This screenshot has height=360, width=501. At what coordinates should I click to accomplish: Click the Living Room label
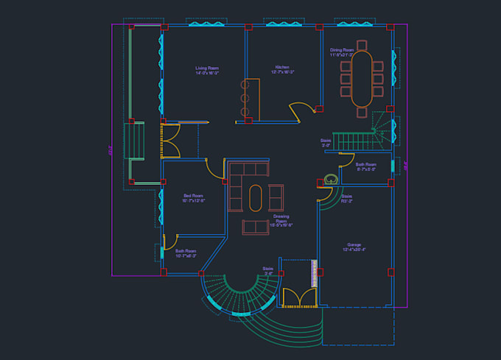[x=207, y=70]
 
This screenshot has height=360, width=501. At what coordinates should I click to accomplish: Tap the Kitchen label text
[x=282, y=69]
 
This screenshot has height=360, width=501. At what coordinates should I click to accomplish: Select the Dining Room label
[x=341, y=52]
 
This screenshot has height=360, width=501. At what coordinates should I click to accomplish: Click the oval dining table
[x=362, y=78]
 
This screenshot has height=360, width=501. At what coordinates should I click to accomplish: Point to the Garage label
[x=354, y=247]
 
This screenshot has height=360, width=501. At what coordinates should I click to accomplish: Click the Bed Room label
[x=193, y=197]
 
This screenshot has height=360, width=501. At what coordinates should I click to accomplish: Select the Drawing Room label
[x=281, y=221]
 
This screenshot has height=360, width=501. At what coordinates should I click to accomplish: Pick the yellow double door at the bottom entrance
[x=298, y=297]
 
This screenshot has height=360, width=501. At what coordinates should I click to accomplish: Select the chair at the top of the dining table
[x=362, y=44]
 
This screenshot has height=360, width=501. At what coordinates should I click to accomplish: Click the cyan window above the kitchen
[x=284, y=24]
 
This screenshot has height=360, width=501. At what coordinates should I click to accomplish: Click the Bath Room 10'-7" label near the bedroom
[x=186, y=253]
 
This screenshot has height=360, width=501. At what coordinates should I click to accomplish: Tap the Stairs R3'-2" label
[x=346, y=199]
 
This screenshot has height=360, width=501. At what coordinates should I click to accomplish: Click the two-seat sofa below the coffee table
[x=256, y=226]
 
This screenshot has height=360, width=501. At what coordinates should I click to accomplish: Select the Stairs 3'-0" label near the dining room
[x=326, y=142]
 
